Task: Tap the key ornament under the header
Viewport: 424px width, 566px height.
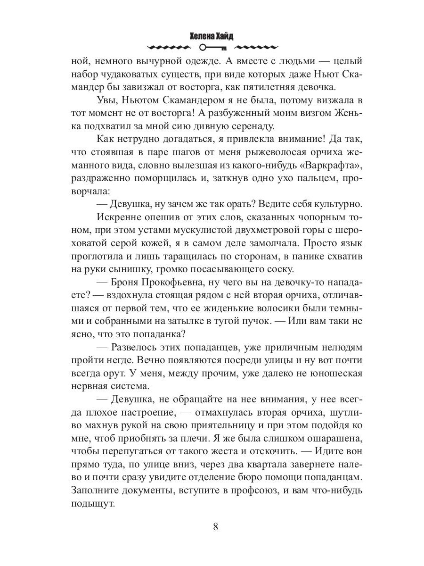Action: pos(212,48)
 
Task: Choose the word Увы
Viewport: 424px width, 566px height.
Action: pos(106,100)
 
